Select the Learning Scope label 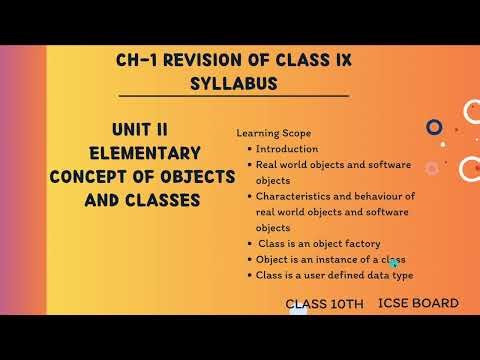click(x=273, y=133)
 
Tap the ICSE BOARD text click(x=418, y=303)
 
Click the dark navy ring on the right click(x=434, y=127)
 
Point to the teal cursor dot click(x=395, y=264)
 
